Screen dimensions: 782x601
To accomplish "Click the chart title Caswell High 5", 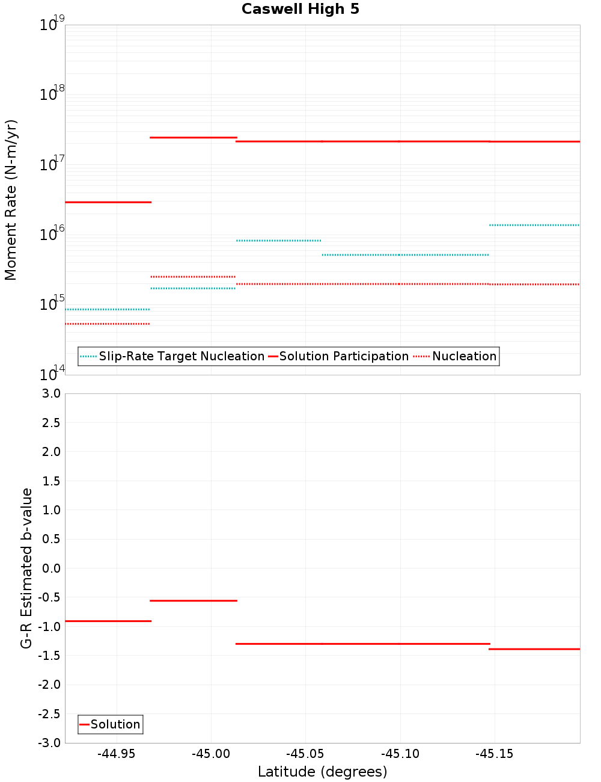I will tap(300, 9).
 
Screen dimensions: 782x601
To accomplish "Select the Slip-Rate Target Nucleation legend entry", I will tap(181, 356).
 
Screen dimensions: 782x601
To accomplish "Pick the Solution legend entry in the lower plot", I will tap(115, 724).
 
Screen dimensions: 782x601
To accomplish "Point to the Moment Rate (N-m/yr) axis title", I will tap(11, 200).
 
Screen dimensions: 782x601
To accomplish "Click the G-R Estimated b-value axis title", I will tap(26, 568).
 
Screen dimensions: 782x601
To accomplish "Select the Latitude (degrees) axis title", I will tap(322, 772).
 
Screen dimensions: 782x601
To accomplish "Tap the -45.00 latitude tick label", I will tap(211, 754).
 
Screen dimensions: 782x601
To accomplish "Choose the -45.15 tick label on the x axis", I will tap(495, 754).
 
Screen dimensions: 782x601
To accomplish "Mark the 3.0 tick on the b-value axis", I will tap(51, 393).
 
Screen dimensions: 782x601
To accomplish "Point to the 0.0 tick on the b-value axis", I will tap(51, 568).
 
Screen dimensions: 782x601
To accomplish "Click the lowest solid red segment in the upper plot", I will tap(108, 202).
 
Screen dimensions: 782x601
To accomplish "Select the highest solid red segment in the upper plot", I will tap(193, 138).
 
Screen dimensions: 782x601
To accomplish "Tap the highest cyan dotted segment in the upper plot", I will tap(534, 225).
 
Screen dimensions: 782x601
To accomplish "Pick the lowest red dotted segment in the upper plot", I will tap(108, 324).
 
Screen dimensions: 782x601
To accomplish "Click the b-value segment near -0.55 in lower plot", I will tap(193, 600).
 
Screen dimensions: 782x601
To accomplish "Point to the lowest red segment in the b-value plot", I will tap(534, 649).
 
